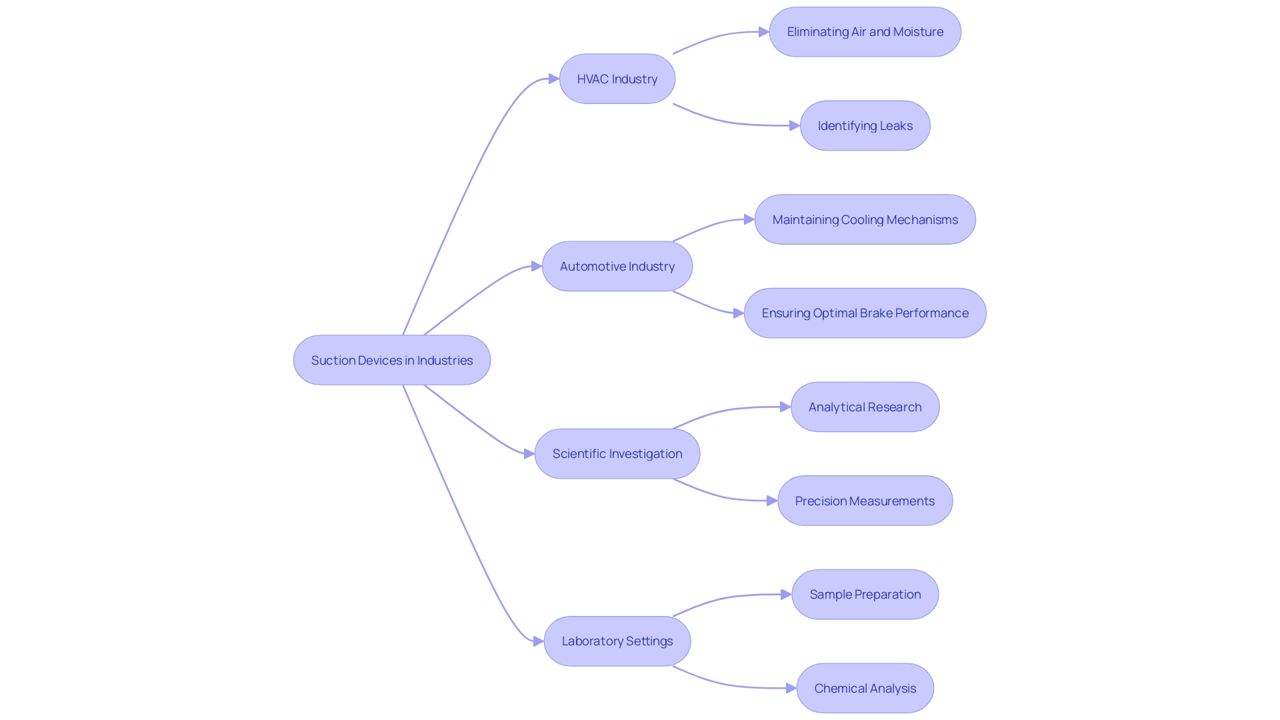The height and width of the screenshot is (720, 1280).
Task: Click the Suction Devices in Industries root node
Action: click(x=392, y=360)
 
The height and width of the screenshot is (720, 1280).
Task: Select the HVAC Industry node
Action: click(x=617, y=79)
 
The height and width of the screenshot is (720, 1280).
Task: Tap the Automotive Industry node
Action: click(x=617, y=266)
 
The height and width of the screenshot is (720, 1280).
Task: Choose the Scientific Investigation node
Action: click(x=617, y=453)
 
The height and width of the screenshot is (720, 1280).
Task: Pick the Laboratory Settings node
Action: click(x=617, y=641)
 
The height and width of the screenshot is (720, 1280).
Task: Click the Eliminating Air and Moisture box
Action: click(x=865, y=32)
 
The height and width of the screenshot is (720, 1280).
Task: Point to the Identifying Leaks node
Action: click(x=865, y=125)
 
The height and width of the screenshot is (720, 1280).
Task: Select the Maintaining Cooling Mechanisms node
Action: click(x=865, y=219)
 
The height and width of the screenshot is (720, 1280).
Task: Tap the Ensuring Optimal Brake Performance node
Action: click(x=865, y=313)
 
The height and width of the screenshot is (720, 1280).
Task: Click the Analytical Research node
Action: click(x=865, y=407)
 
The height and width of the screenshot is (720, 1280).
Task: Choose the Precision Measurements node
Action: click(x=865, y=501)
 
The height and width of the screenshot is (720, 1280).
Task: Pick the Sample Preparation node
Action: click(x=865, y=594)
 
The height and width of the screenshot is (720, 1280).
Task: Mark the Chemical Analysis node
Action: click(x=865, y=688)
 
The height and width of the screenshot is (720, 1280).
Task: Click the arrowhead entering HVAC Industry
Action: click(x=554, y=79)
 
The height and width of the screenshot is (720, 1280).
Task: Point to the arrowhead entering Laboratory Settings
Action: click(x=539, y=641)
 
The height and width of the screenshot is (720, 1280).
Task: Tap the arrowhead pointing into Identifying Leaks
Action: click(x=795, y=125)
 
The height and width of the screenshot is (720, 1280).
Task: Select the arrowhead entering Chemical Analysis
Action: click(x=791, y=688)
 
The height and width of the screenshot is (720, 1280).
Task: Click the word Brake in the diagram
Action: click(x=875, y=313)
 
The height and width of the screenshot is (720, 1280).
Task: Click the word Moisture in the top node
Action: click(x=918, y=32)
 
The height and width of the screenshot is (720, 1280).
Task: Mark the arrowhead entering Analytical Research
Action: click(x=785, y=407)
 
